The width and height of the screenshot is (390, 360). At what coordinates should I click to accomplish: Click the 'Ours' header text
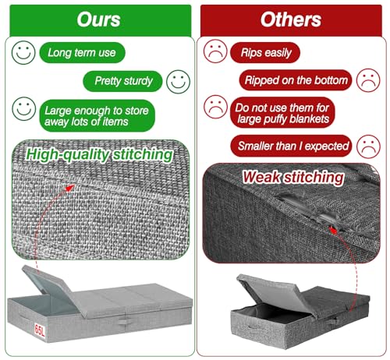pyautogui.click(x=98, y=19)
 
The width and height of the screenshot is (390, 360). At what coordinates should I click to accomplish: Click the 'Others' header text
pyautogui.click(x=291, y=19)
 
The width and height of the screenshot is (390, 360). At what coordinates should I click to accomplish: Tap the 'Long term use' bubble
pyautogui.click(x=82, y=52)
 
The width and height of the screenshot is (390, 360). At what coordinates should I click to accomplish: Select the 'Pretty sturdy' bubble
pyautogui.click(x=122, y=81)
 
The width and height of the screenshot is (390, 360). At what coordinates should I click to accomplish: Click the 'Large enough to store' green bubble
pyautogui.click(x=97, y=116)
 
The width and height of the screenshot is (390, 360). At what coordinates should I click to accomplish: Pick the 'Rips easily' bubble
pyautogui.click(x=265, y=52)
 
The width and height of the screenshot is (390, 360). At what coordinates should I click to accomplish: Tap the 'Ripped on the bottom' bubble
pyautogui.click(x=296, y=80)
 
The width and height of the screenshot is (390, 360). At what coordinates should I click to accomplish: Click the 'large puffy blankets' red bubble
pyautogui.click(x=282, y=113)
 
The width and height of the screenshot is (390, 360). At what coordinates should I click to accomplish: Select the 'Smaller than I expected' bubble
pyautogui.click(x=291, y=146)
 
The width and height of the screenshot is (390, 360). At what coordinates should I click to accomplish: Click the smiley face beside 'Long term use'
pyautogui.click(x=23, y=52)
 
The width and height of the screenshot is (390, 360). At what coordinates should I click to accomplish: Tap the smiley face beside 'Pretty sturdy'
pyautogui.click(x=179, y=82)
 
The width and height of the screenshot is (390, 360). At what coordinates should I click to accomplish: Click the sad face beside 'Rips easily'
pyautogui.click(x=215, y=51)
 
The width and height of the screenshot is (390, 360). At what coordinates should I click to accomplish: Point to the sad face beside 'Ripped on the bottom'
pyautogui.click(x=368, y=80)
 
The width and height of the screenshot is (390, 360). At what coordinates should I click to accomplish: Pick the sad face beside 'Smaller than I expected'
pyautogui.click(x=369, y=146)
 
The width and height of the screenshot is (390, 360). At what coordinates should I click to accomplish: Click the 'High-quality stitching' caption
pyautogui.click(x=99, y=155)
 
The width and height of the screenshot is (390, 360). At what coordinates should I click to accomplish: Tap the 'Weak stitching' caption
pyautogui.click(x=293, y=178)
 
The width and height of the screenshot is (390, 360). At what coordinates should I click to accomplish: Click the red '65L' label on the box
pyautogui.click(x=40, y=330)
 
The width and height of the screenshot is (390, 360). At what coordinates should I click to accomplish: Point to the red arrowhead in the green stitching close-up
pyautogui.click(x=70, y=188)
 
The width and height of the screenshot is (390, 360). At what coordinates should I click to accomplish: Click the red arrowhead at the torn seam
pyautogui.click(x=333, y=230)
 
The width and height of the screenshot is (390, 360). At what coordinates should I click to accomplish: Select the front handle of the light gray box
pyautogui.click(x=125, y=322)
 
